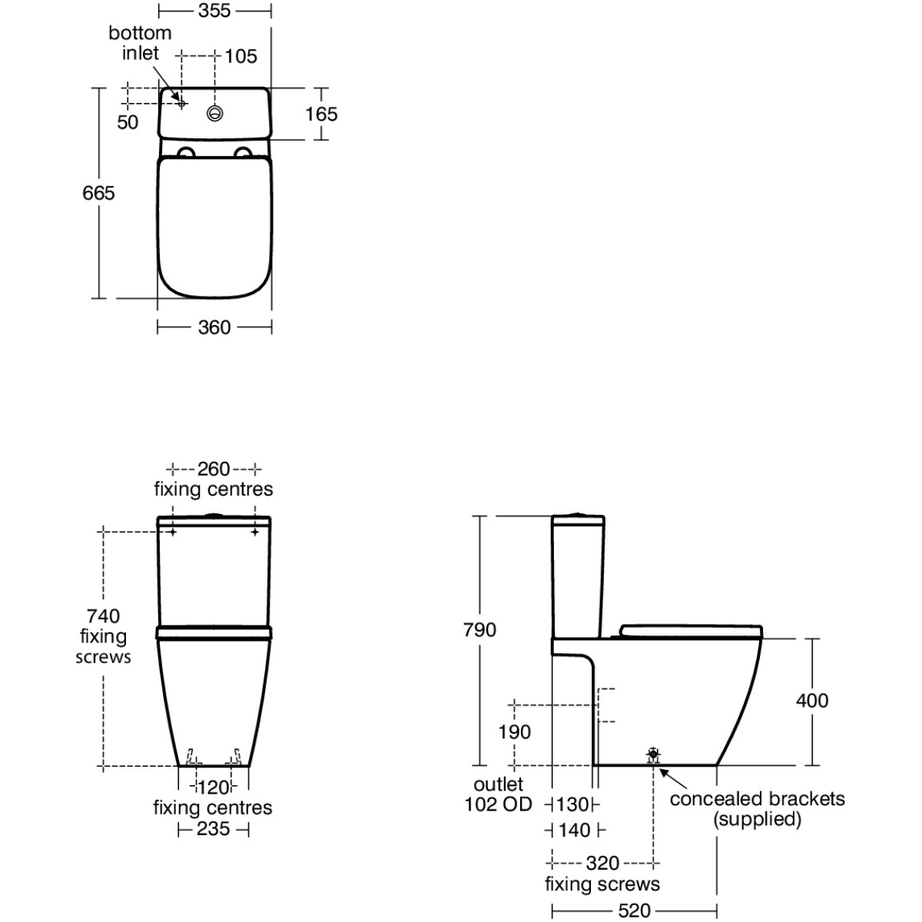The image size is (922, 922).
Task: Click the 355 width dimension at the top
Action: (214, 11)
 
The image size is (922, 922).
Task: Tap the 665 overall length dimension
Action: (98, 194)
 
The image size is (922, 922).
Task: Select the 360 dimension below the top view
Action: (214, 328)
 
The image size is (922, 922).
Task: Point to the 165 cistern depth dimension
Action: (321, 114)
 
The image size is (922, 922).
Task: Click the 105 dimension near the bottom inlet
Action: (241, 56)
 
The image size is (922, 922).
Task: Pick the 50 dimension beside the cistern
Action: (128, 122)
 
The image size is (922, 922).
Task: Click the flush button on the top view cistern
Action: (215, 113)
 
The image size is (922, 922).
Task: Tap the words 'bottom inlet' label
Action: (140, 43)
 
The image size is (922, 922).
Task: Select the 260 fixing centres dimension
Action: (214, 469)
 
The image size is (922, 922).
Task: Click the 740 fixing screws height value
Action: (104, 615)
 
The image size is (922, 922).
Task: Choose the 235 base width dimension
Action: (214, 829)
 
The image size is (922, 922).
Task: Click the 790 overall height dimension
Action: (480, 630)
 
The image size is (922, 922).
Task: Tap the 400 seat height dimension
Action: (812, 701)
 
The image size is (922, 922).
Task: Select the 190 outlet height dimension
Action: (515, 732)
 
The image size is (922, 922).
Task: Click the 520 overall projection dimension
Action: (635, 910)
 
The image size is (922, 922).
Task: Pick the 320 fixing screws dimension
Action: (603, 864)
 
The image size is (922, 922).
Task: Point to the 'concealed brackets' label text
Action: (758, 799)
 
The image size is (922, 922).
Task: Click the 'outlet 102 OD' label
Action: (499, 794)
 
